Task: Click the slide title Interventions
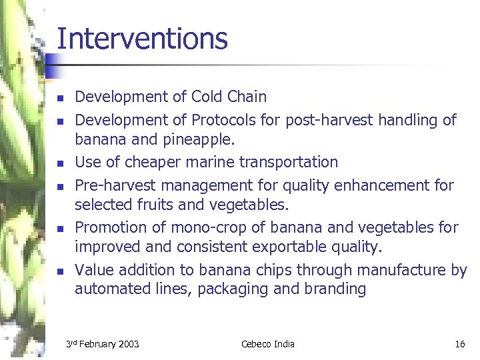click(142, 39)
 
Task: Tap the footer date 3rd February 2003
click(103, 344)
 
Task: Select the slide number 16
click(459, 344)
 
